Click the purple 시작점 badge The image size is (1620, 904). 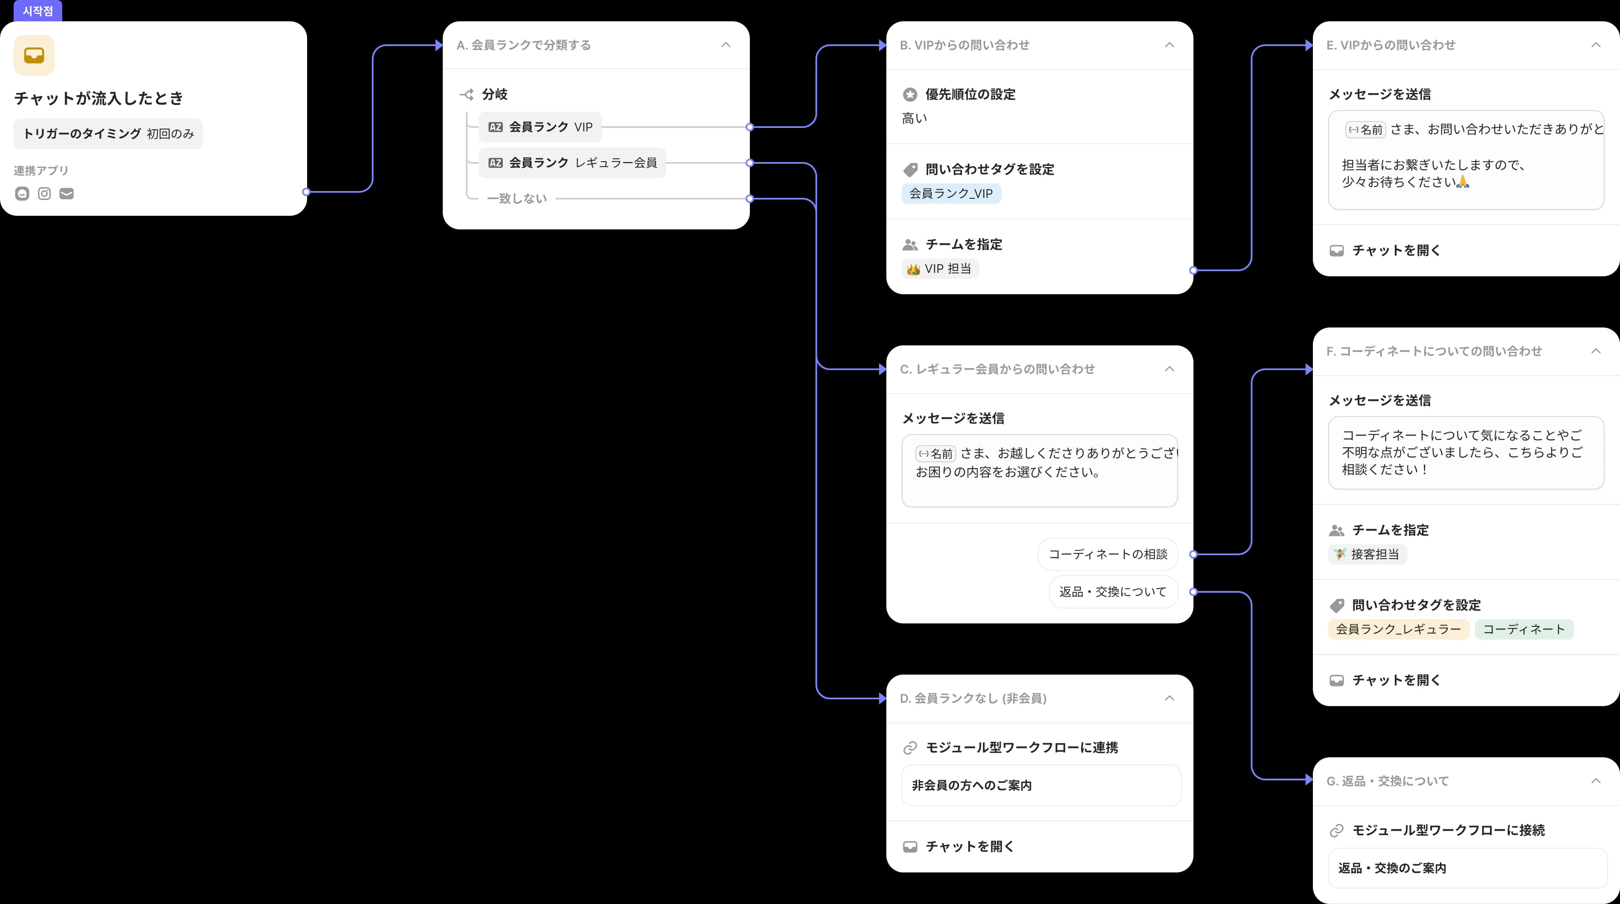coord(38,11)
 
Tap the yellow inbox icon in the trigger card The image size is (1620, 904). coord(34,55)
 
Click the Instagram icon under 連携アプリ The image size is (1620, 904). coord(44,194)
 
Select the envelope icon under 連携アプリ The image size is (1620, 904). coord(67,194)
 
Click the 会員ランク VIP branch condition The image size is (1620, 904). coord(540,127)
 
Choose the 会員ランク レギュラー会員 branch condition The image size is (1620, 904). coord(572,163)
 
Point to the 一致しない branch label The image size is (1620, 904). coord(517,199)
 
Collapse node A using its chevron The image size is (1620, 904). coord(726,45)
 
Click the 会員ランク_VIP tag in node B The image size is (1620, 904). coord(951,194)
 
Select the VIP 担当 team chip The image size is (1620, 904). coord(940,269)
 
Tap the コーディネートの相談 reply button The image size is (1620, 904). coord(1107,554)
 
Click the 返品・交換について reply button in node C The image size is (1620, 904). coord(1112,591)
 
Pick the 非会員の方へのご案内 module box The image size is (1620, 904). coord(1041,785)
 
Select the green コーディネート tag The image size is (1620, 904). coord(1523,629)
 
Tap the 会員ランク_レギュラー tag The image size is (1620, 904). coord(1398,629)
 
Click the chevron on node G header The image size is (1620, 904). coord(1595,781)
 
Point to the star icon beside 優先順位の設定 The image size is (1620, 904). coord(910,94)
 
